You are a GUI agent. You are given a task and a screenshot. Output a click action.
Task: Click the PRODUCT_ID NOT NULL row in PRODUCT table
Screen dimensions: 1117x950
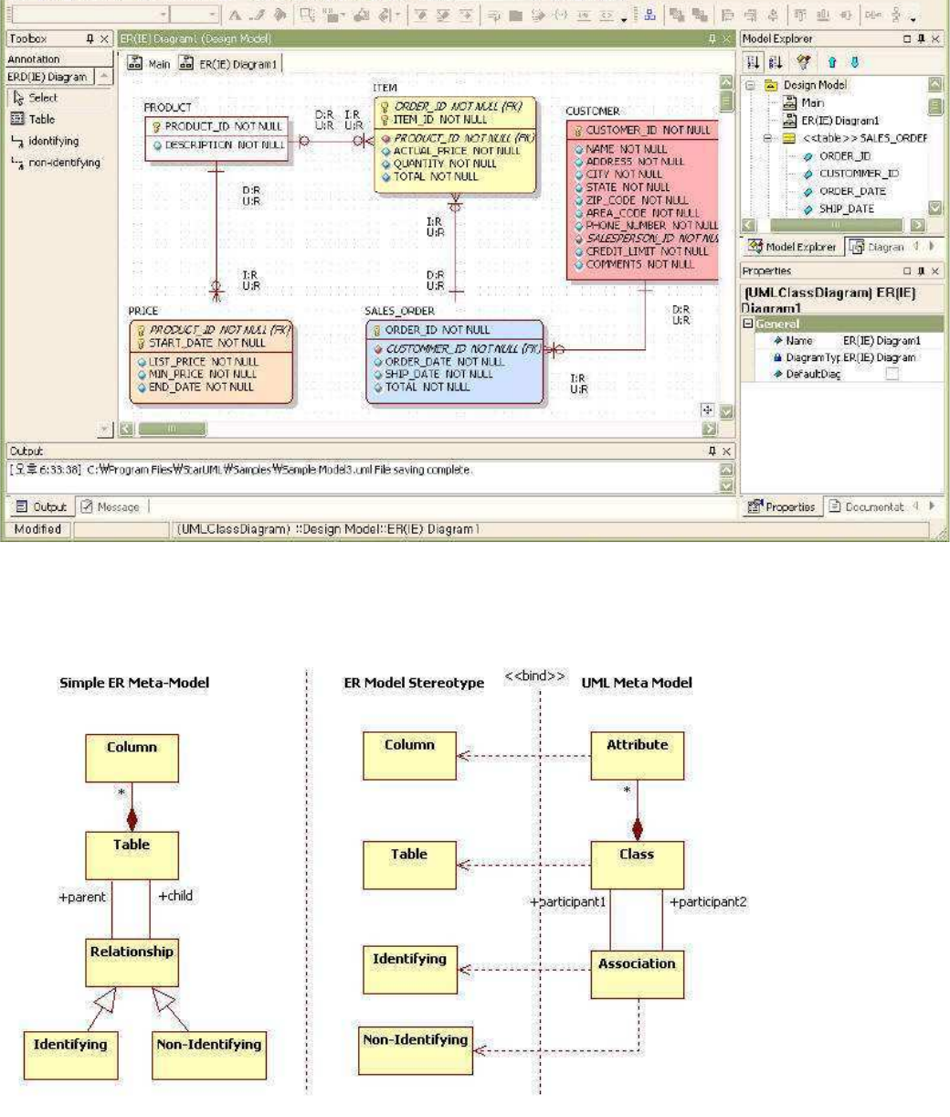(217, 126)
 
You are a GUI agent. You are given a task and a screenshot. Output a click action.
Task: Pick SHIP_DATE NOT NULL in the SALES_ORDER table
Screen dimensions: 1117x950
(438, 374)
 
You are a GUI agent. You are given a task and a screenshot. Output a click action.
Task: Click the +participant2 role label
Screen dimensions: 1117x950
(709, 902)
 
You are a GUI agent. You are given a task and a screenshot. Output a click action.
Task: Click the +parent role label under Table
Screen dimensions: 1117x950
(84, 896)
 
